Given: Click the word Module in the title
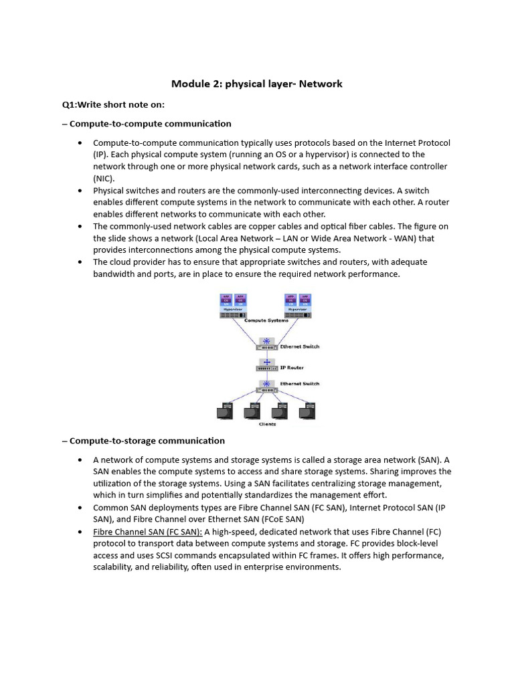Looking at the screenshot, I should [189, 84].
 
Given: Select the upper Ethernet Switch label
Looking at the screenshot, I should [301, 347].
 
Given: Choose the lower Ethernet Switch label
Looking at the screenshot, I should [301, 384].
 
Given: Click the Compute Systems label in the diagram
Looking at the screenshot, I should [266, 320].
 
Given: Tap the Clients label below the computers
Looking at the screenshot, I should [267, 424].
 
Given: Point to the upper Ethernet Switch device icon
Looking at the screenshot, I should [266, 345].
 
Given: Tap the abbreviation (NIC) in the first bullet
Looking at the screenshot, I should [104, 179].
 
